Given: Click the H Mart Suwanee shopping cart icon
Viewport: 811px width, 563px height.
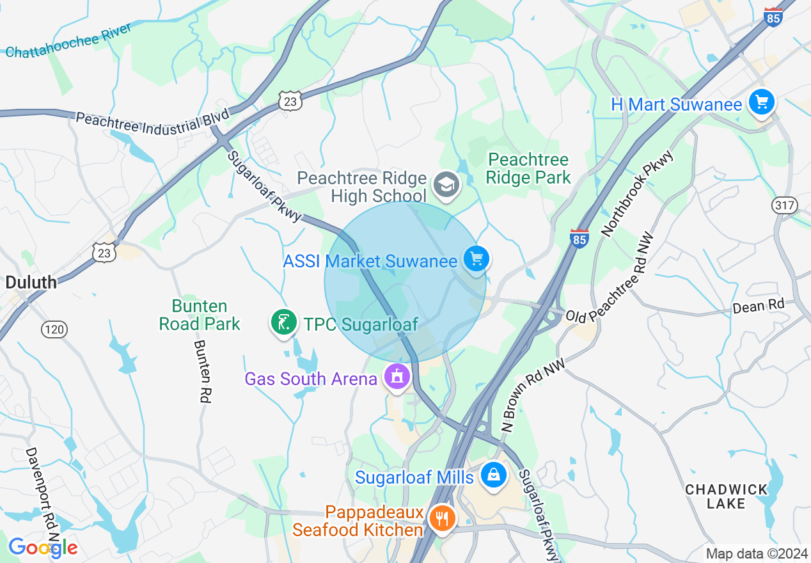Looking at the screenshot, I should [x=761, y=102].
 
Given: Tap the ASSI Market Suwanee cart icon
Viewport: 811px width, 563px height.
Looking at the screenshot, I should [x=476, y=259].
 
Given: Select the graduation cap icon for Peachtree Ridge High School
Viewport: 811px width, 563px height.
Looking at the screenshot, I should [x=446, y=185].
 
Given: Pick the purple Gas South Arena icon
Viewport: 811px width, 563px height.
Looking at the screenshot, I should [x=397, y=377].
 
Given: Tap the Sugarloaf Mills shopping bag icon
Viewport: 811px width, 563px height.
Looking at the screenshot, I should [x=493, y=475].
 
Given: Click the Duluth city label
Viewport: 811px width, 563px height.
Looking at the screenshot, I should [x=31, y=282].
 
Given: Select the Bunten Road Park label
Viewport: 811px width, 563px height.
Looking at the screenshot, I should [x=200, y=315].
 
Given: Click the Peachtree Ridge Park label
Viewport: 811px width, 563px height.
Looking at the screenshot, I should [x=528, y=168].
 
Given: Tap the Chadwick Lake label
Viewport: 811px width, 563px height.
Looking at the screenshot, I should [x=726, y=496].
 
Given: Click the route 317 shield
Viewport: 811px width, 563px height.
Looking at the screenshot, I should [x=784, y=205].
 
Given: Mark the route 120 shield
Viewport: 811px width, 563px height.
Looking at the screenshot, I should [x=54, y=329].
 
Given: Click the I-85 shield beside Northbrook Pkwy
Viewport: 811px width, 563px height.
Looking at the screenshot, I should [x=579, y=237].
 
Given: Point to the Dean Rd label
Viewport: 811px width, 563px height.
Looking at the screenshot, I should [x=758, y=306].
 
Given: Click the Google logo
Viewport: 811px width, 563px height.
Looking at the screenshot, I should [x=43, y=548].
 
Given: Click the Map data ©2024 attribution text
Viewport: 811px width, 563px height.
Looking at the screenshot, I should [x=757, y=553].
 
